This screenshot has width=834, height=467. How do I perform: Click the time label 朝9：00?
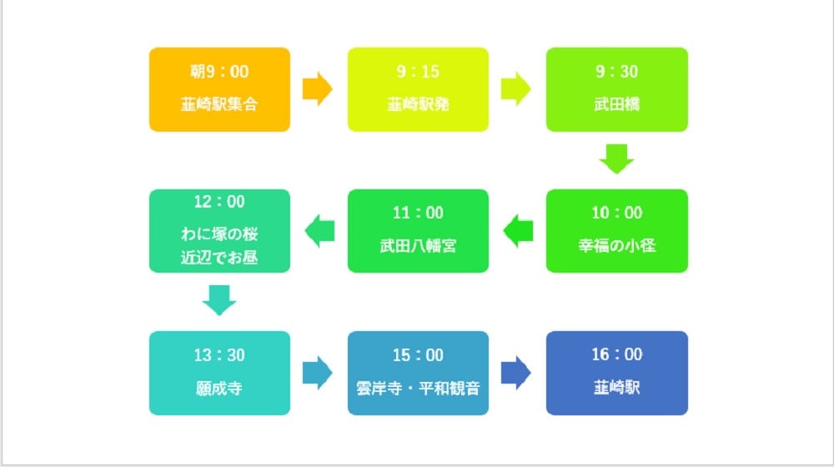coord(219,73)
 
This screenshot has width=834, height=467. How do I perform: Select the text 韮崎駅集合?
coord(219,105)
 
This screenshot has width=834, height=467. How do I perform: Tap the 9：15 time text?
coord(418,73)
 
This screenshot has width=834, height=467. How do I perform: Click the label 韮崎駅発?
coord(418,105)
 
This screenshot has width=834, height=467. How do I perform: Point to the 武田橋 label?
coord(617,105)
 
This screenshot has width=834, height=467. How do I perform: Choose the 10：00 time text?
coord(617,213)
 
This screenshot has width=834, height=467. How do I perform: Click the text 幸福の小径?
coord(617,247)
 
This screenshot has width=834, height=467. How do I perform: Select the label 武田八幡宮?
coord(418,247)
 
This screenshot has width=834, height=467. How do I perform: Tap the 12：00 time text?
coord(219,202)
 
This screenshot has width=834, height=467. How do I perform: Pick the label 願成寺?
coord(219,388)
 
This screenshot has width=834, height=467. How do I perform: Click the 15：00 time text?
coord(418,356)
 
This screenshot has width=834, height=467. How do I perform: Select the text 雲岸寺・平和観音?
coord(418,388)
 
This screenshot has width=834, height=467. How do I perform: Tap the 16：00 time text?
coord(617,356)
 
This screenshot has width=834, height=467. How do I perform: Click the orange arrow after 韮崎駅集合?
coord(318,88)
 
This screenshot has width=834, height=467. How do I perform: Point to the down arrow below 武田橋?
coord(617,158)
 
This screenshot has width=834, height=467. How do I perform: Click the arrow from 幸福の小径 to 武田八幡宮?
coord(518,230)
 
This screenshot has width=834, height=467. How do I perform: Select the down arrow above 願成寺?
coord(219,300)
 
